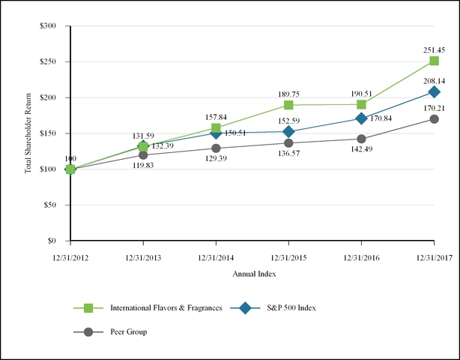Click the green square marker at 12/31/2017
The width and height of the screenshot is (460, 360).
[434, 61]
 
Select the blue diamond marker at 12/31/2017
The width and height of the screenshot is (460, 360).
[434, 91]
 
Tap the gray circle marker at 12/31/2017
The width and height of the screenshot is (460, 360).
[434, 118]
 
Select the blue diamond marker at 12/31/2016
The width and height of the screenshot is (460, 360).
[361, 118]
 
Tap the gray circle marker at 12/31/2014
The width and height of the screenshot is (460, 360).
[216, 148]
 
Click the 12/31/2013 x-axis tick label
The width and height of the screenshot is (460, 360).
[143, 257]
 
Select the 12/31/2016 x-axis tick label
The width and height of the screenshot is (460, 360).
[361, 257]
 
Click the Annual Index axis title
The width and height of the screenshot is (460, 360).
[252, 274]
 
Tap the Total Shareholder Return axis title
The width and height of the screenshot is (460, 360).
[28, 133]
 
